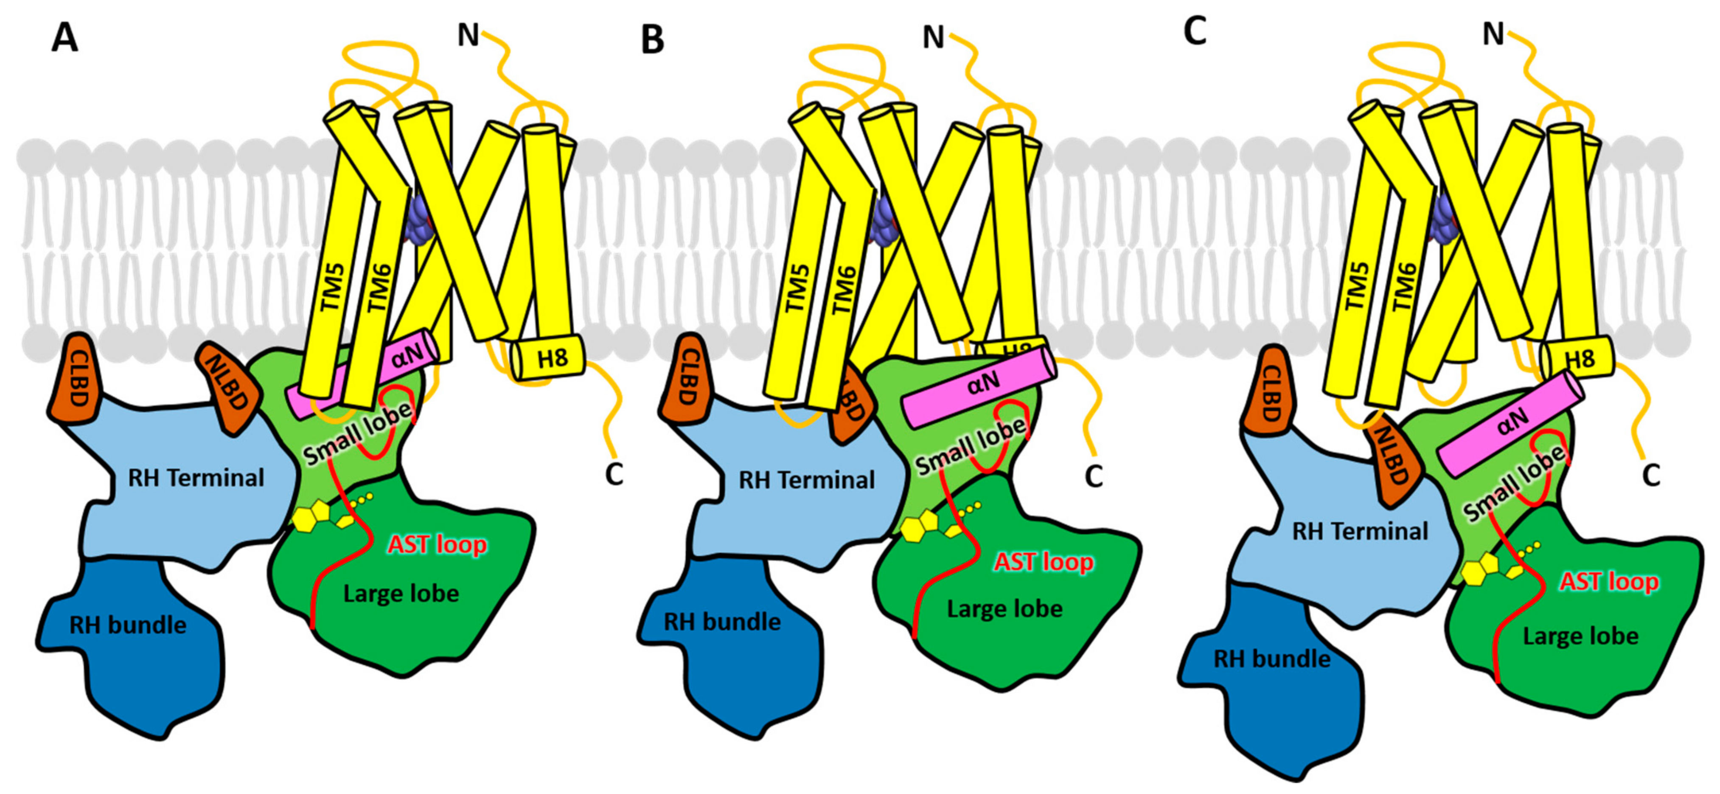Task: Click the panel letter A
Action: pyautogui.click(x=65, y=38)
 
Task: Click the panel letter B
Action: pyautogui.click(x=652, y=39)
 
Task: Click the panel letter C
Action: pyautogui.click(x=1195, y=31)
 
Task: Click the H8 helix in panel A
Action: pyautogui.click(x=549, y=359)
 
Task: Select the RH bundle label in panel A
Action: pyautogui.click(x=128, y=625)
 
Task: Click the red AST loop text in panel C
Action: pyautogui.click(x=1608, y=582)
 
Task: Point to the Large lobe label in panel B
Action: pyautogui.click(x=1005, y=609)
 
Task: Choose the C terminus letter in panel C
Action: pyautogui.click(x=1650, y=476)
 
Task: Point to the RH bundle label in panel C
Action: pyautogui.click(x=1271, y=659)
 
